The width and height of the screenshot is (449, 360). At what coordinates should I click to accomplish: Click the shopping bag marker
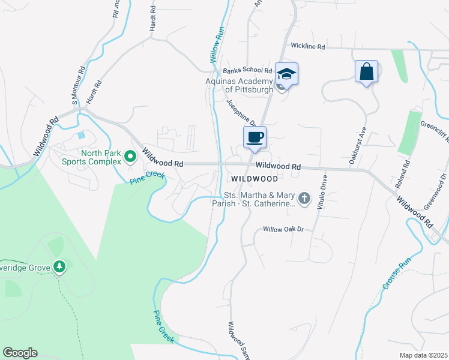click(366, 73)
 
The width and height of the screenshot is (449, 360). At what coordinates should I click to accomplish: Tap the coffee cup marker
click(255, 138)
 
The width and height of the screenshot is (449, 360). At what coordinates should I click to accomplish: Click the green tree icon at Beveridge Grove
click(59, 266)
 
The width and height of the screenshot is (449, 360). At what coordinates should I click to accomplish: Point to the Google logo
click(20, 353)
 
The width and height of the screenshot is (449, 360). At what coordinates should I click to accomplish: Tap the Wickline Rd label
click(307, 46)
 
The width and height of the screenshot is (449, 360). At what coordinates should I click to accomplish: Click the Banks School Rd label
click(247, 71)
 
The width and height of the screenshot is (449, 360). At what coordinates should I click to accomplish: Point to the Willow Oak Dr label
click(285, 230)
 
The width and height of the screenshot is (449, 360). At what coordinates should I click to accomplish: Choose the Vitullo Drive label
click(325, 191)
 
